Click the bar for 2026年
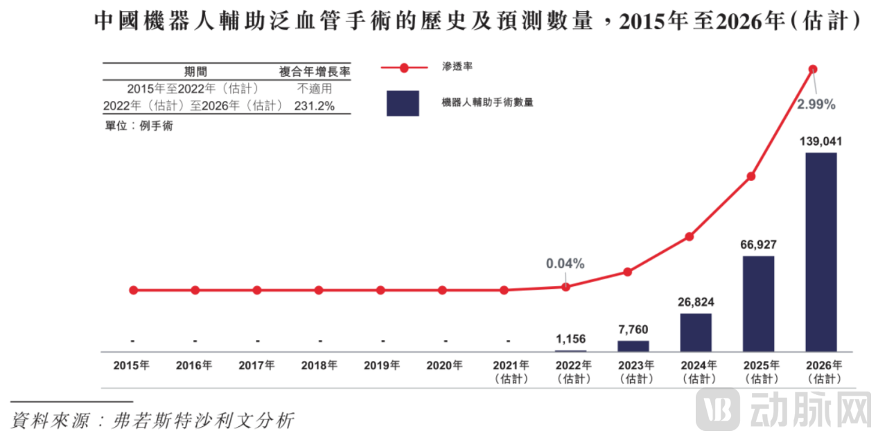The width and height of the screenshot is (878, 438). tap(820, 252)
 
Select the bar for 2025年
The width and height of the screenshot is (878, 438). tap(758, 304)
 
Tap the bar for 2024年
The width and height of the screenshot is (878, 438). tap(696, 332)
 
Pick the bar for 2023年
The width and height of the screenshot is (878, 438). tap(633, 345)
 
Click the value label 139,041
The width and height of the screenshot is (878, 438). tap(820, 141)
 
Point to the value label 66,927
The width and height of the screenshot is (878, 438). tap(758, 245)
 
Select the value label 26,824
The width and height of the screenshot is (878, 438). tap(696, 302)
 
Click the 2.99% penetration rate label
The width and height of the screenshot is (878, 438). tap(816, 105)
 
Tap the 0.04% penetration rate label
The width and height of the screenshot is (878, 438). tap(565, 263)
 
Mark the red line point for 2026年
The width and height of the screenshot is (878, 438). tap(813, 69)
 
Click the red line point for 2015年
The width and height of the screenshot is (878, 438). tap(133, 290)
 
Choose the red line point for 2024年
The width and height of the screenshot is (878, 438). tap(690, 236)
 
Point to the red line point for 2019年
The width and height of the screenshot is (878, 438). tap(380, 290)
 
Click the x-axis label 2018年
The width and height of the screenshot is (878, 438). tap(319, 365)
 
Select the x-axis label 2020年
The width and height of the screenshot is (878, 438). tap(444, 365)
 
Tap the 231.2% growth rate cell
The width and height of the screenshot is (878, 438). tap(315, 106)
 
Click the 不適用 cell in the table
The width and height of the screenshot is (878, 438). tap(315, 89)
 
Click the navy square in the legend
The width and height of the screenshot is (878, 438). tap(403, 103)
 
